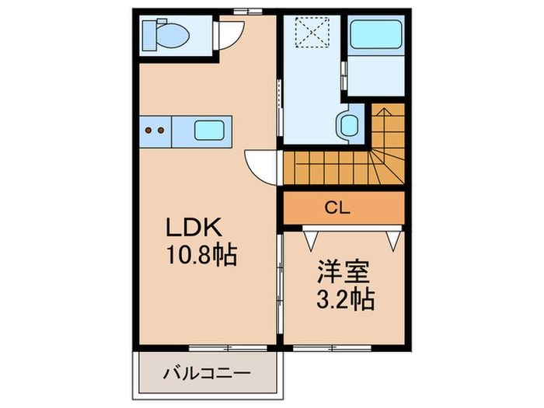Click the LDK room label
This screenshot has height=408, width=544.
pyautogui.click(x=194, y=228)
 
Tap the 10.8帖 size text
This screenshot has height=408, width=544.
pyautogui.click(x=202, y=255)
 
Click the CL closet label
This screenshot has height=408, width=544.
pyautogui.click(x=337, y=207)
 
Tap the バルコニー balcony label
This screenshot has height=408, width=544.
pyautogui.click(x=207, y=374)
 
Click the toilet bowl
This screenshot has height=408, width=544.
pyautogui.click(x=173, y=36)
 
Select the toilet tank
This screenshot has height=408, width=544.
pyautogui.click(x=148, y=36)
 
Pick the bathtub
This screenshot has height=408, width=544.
pyautogui.click(x=375, y=34)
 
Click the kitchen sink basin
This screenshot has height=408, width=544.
pyautogui.click(x=209, y=130)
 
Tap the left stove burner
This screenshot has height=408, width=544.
pyautogui.click(x=148, y=131)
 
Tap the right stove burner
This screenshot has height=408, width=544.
pyautogui.click(x=161, y=131)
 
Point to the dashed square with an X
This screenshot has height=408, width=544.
pyautogui.click(x=312, y=32)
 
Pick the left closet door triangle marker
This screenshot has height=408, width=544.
pyautogui.click(x=311, y=239)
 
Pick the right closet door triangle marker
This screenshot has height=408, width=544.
pyautogui.click(x=394, y=239)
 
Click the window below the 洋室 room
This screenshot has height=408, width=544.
pyautogui.click(x=332, y=347)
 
